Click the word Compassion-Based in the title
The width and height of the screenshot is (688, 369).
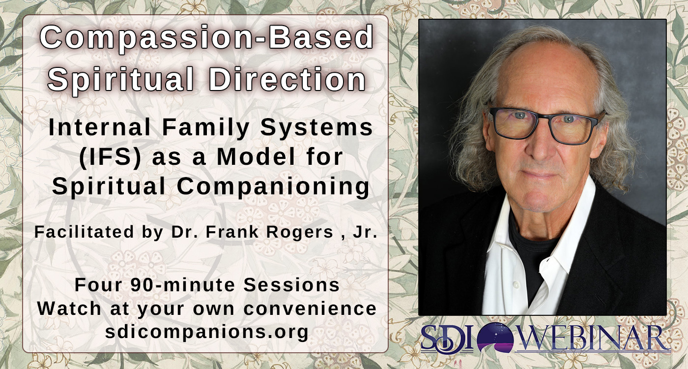click(206, 38)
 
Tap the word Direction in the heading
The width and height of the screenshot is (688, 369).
click(287, 79)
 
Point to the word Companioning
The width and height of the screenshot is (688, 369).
click(273, 186)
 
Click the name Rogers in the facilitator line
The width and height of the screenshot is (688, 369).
click(299, 232)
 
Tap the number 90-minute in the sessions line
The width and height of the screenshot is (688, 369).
click(183, 285)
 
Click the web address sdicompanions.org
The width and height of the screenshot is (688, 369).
click(207, 332)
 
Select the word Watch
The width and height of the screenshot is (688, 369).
click(69, 308)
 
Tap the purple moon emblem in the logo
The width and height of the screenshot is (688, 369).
click(495, 338)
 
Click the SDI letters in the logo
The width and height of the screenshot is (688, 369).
click(447, 338)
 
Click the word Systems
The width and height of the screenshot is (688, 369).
click(316, 128)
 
